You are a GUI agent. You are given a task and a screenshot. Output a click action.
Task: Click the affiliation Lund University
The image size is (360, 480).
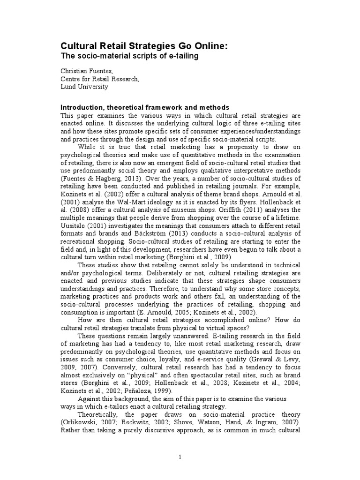tap(84, 86)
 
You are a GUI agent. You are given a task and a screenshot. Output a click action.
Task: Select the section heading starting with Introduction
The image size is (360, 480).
tap(145, 107)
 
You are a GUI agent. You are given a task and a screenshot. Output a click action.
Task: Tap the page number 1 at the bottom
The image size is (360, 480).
tap(180, 457)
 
